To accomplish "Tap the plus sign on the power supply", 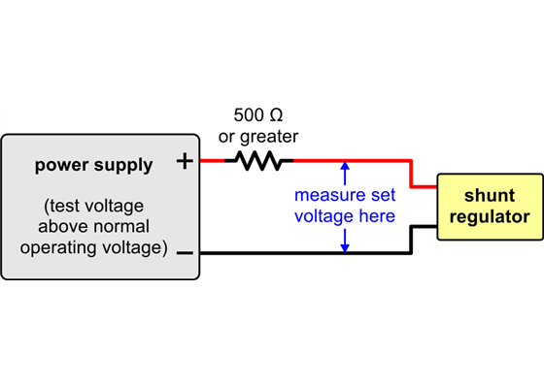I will (185, 161).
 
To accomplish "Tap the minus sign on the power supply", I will (185, 253).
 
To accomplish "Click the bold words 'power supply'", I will (94, 165).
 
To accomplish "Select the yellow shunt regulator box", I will (490, 206).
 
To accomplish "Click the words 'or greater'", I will (258, 137).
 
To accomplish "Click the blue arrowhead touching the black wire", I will (345, 246).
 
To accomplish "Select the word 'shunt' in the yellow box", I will (490, 195).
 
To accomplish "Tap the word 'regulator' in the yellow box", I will (490, 216).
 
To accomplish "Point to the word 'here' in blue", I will (377, 215).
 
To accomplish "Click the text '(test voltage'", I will (93, 208).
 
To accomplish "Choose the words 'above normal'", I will (93, 228).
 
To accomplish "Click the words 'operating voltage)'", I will (93, 248).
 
